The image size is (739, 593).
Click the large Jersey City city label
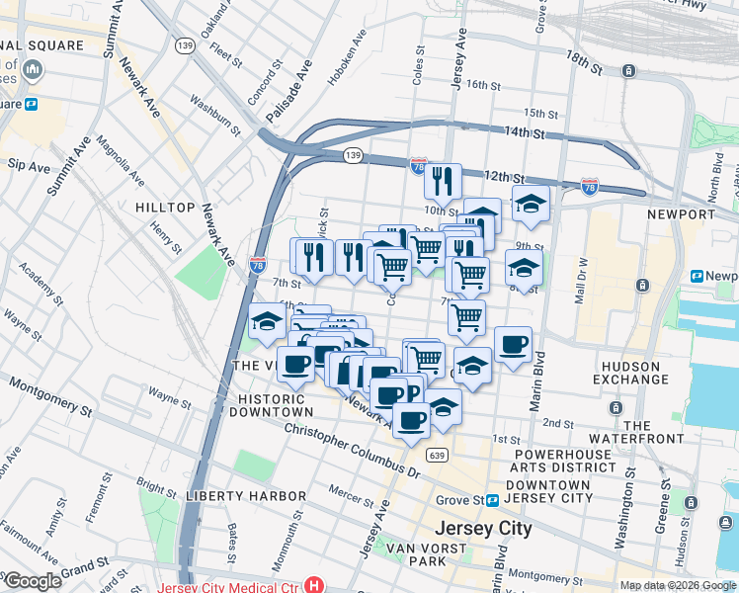pyautogui.click(x=481, y=528)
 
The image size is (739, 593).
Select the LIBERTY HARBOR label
pyautogui.click(x=245, y=494)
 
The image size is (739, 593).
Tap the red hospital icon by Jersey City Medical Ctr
pyautogui.click(x=315, y=585)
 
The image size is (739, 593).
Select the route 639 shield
pyautogui.click(x=437, y=455)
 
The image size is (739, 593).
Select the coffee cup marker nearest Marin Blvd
pyautogui.click(x=513, y=345)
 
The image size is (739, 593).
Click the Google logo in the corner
pyautogui.click(x=33, y=581)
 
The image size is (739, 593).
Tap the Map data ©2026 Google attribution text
pyautogui.click(x=678, y=585)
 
